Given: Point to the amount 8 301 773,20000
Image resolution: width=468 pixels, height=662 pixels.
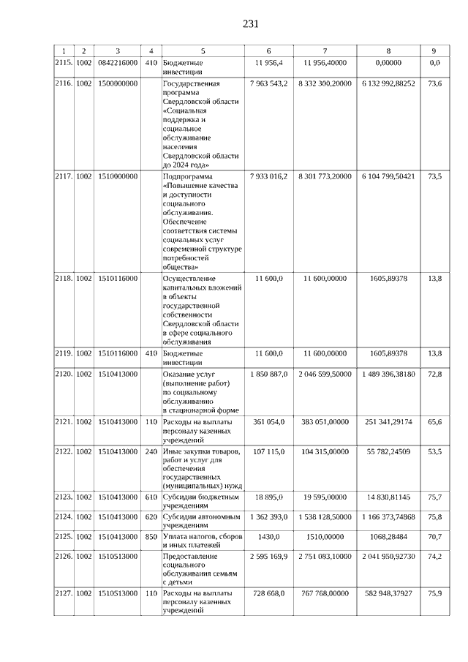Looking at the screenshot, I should pyautogui.click(x=325, y=176).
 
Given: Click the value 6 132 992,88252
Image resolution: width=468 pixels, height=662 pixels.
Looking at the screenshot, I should pyautogui.click(x=388, y=84).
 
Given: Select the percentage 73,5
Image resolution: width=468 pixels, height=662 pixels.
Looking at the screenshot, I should pyautogui.click(x=434, y=176).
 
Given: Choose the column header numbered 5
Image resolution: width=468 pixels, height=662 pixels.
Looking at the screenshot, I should pyautogui.click(x=203, y=50).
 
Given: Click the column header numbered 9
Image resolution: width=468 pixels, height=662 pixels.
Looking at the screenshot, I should pyautogui.click(x=434, y=50).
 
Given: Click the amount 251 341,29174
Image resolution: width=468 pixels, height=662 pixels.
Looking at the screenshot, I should pyautogui.click(x=388, y=421).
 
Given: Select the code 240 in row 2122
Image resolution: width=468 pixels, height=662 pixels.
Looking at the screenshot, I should pyautogui.click(x=151, y=451).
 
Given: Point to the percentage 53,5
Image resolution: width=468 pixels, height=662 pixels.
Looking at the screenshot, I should pyautogui.click(x=434, y=451).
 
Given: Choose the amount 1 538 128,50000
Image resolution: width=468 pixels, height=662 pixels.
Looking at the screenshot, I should pyautogui.click(x=325, y=517).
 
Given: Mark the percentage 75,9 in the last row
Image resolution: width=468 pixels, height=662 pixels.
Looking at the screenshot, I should pyautogui.click(x=434, y=593).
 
